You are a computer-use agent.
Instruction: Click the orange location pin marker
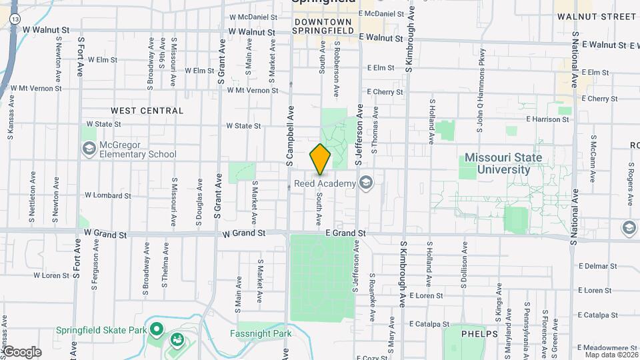[320, 159]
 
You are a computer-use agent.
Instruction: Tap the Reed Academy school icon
[365, 182]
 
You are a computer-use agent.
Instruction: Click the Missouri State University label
[503, 163]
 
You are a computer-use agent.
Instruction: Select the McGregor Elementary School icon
[89, 148]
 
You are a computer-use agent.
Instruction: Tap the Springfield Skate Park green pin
[157, 329]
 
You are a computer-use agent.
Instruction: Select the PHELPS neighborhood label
[479, 334]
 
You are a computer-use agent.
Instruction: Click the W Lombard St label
[107, 196]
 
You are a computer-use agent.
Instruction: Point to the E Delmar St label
[595, 265]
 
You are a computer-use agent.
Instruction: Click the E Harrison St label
[547, 119]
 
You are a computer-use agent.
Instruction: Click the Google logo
[22, 352]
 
